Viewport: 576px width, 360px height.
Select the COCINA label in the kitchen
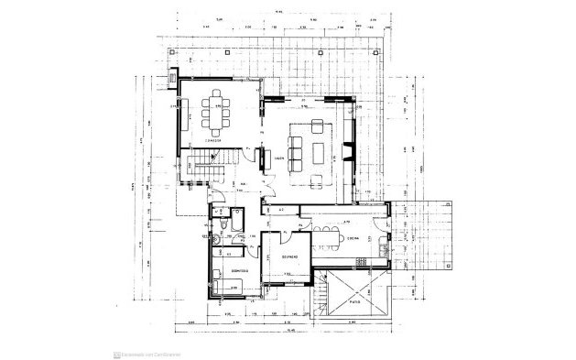(352, 240)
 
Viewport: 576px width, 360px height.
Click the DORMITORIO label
(228, 271)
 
